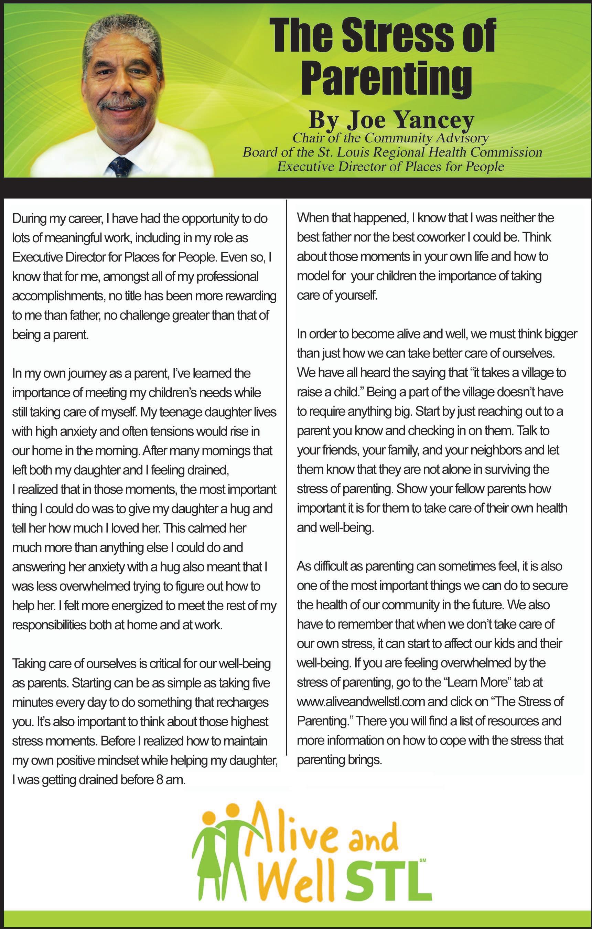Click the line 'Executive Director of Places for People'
pyautogui.click(x=390, y=167)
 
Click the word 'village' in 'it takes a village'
pyautogui.click(x=538, y=373)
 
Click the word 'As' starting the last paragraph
pyautogui.click(x=303, y=566)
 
